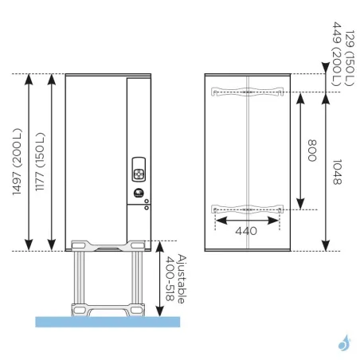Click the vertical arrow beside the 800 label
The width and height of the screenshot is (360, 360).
[300, 151]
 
